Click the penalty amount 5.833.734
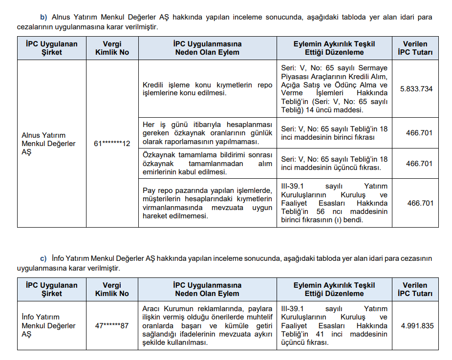click(x=416, y=89)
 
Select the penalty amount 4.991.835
click(x=417, y=326)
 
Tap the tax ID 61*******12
click(x=112, y=144)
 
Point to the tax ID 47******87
click(x=112, y=326)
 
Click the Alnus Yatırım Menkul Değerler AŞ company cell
click(x=49, y=144)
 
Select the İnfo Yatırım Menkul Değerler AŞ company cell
click(x=49, y=326)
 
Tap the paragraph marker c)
click(x=43, y=258)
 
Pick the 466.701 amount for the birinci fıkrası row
click(x=419, y=132)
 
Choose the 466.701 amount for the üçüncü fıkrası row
click(x=419, y=164)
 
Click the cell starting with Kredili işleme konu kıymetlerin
click(x=207, y=89)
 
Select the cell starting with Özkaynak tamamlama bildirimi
click(x=207, y=164)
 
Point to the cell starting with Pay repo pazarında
click(x=207, y=203)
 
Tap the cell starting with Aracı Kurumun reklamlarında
click(x=207, y=326)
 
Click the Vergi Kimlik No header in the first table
click(x=112, y=48)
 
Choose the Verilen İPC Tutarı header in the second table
click(x=415, y=289)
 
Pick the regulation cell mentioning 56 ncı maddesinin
click(x=334, y=203)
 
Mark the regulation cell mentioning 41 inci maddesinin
click(x=334, y=326)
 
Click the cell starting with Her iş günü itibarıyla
click(x=207, y=133)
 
